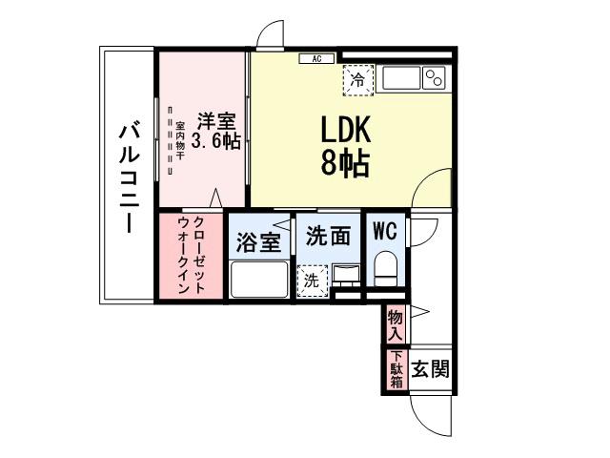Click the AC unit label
click(315, 59)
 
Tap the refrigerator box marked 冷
click(357, 80)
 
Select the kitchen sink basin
click(399, 77)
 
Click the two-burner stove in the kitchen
click(435, 77)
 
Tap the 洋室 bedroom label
click(216, 121)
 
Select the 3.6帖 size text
click(215, 141)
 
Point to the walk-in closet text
click(192, 256)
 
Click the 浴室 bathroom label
click(258, 241)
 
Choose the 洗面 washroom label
click(328, 235)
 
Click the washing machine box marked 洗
click(311, 281)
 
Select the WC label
click(386, 230)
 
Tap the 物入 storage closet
click(396, 324)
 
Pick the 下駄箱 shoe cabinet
click(396, 370)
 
